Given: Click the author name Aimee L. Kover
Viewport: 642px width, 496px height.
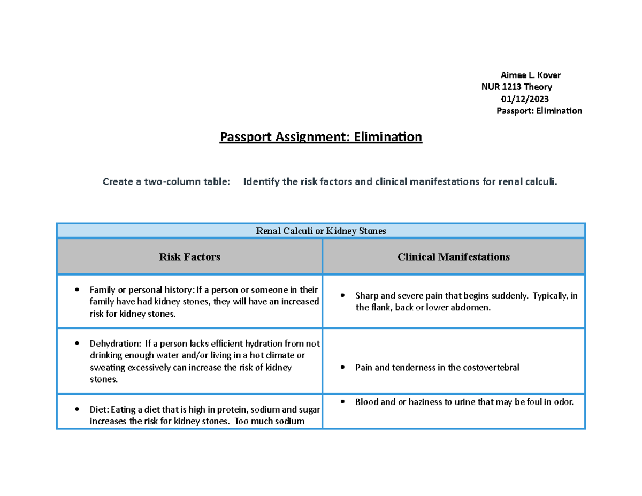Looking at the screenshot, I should pyautogui.click(x=530, y=75).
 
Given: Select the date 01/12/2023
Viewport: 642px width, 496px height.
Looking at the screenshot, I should pyautogui.click(x=524, y=99).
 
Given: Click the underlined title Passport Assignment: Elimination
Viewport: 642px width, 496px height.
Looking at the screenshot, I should pyautogui.click(x=321, y=138).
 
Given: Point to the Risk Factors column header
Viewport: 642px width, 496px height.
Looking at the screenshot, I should pyautogui.click(x=189, y=257).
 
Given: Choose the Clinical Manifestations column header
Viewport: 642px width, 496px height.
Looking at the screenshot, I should pyautogui.click(x=453, y=257).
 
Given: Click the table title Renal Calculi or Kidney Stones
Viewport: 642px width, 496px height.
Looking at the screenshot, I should pyautogui.click(x=321, y=231).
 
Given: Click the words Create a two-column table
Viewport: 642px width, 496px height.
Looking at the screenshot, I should pyautogui.click(x=166, y=182).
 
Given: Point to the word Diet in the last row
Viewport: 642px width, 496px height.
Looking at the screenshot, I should pyautogui.click(x=98, y=410).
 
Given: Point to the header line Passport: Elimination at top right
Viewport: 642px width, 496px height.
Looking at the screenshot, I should pyautogui.click(x=539, y=111).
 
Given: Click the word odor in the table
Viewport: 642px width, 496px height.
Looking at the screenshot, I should pyautogui.click(x=563, y=402).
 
